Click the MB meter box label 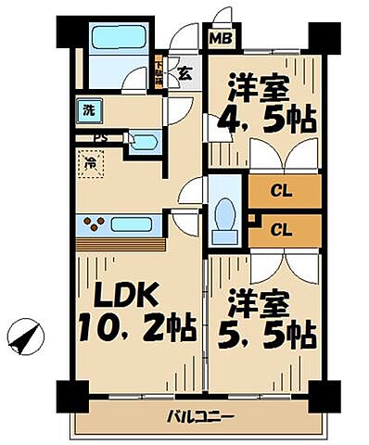221,39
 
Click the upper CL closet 283,193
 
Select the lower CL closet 283,227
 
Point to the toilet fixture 223,218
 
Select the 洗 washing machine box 89,109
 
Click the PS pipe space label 100,139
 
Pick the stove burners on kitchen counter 95,222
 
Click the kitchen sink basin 136,223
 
